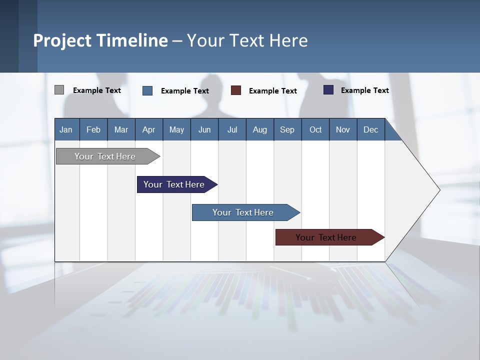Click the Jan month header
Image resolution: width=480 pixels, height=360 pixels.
66,129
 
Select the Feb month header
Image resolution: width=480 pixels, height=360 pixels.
93,129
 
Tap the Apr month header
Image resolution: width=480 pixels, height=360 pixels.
148,129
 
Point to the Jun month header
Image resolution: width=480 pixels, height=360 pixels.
204,129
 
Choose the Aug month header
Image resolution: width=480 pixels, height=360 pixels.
260,129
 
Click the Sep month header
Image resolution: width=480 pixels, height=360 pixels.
287,129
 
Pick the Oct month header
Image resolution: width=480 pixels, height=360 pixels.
315,129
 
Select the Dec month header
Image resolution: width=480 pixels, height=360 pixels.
370,129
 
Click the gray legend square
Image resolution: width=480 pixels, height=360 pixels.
59,90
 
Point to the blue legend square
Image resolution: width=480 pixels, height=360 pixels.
147,90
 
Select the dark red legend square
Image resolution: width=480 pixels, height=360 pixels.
236,90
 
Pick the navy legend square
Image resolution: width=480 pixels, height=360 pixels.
328,90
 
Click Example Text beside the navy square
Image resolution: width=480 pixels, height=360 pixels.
364,90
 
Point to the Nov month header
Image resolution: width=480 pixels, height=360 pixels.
343,129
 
